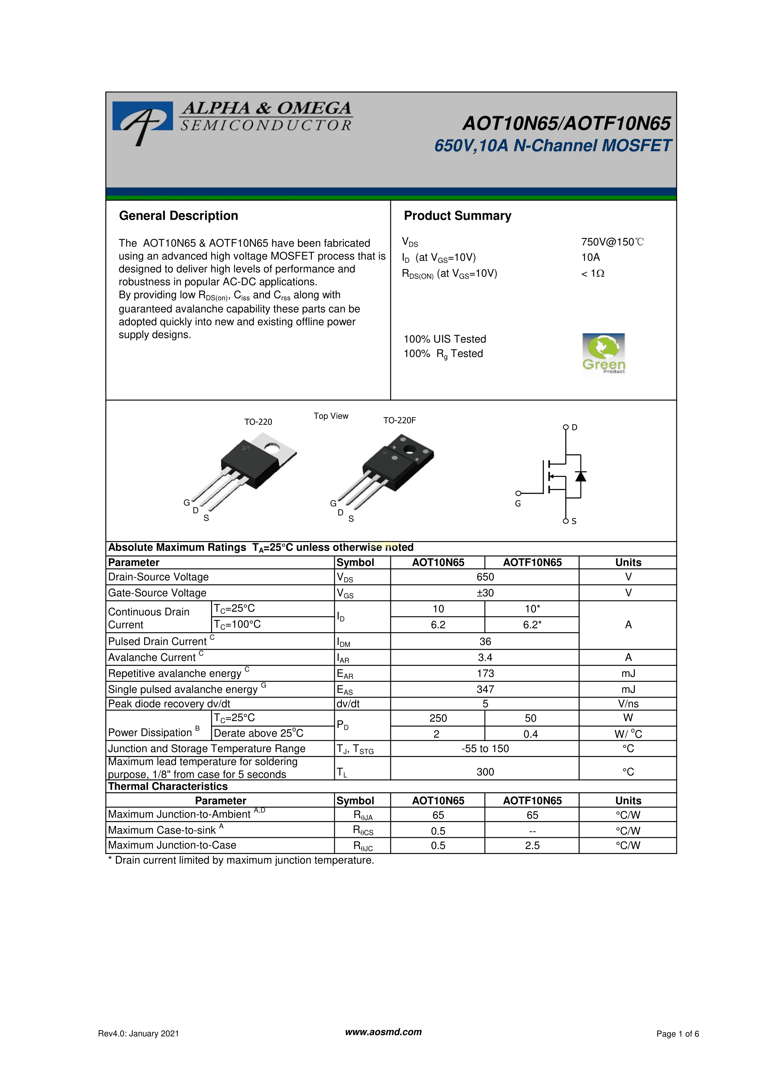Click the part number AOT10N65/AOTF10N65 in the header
click(x=566, y=124)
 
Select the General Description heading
click(x=179, y=216)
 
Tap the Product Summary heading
click(x=457, y=216)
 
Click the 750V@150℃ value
click(x=612, y=242)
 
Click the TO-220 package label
click(x=258, y=422)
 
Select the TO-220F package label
click(x=399, y=420)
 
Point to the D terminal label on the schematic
click(x=574, y=428)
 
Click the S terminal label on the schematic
click(x=574, y=521)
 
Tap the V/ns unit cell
click(x=628, y=704)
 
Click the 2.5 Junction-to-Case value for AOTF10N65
click(x=532, y=846)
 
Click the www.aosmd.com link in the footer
click(x=383, y=1032)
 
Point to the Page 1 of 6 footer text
click(x=678, y=1034)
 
